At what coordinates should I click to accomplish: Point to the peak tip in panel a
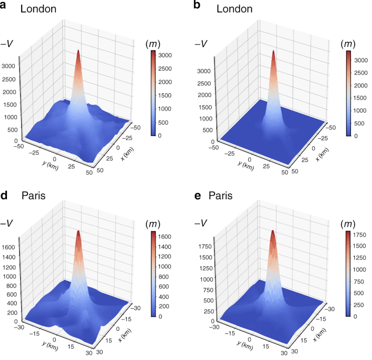tap(78, 50)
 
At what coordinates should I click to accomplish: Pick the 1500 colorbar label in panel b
tap(359, 97)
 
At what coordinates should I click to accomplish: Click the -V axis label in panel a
tap(8, 43)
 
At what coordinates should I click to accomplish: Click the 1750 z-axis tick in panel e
tap(206, 245)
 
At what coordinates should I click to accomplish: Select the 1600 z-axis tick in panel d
tap(11, 247)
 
